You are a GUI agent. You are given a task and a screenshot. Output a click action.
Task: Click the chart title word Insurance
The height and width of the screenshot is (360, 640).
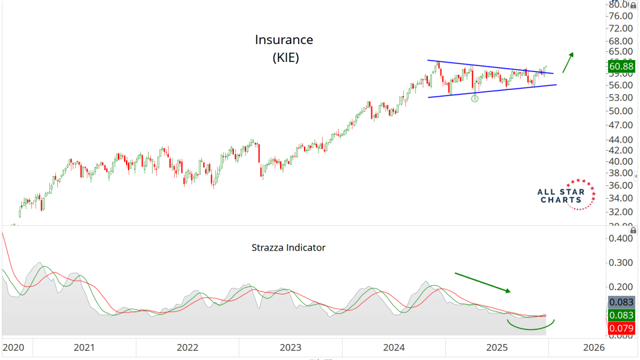tap(284, 40)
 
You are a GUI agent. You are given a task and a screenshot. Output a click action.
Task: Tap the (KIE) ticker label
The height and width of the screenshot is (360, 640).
tap(285, 58)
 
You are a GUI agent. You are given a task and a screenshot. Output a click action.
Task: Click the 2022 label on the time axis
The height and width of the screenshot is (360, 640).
tap(187, 347)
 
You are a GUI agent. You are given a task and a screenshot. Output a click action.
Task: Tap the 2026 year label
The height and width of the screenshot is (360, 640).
tap(593, 347)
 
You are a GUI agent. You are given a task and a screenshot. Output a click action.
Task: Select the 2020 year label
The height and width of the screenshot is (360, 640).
tap(13, 347)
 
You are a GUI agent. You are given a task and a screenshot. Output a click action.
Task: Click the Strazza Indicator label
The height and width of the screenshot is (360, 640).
tap(289, 247)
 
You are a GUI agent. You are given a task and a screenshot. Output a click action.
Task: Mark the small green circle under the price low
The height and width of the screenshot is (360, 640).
tap(475, 98)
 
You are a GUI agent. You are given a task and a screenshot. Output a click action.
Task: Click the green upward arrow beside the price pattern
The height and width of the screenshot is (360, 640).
tap(567, 62)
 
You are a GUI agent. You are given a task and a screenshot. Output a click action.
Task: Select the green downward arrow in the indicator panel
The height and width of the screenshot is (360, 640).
tap(483, 282)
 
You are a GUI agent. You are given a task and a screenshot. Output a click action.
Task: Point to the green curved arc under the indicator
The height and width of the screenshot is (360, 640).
tap(531, 328)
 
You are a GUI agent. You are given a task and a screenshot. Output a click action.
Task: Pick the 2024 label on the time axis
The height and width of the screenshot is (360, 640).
tap(394, 347)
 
